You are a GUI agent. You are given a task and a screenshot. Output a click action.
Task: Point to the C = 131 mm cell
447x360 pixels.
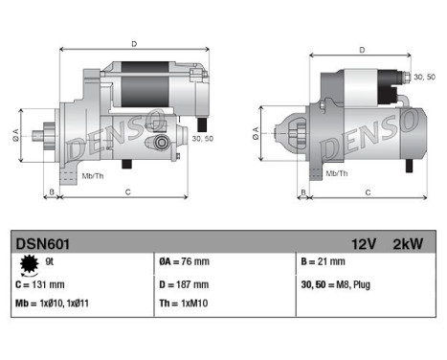[41, 283]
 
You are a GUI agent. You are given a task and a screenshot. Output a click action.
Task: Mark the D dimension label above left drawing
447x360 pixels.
[133, 43]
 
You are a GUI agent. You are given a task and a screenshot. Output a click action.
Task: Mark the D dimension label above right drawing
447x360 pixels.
[361, 49]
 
